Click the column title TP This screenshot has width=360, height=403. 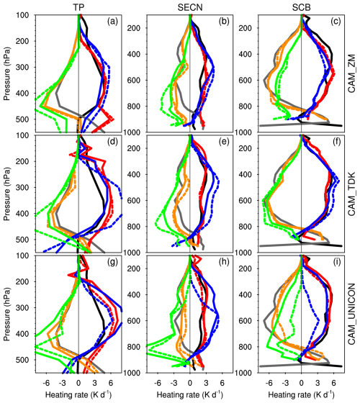78,7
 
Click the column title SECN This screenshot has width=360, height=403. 190,7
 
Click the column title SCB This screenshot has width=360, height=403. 302,7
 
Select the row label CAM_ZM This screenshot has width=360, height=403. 351,73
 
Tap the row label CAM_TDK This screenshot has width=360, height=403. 351,194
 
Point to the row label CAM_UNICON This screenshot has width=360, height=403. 351,314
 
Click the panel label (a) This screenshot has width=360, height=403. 112,22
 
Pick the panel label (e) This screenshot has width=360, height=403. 224,142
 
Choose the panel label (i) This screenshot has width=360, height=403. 336,262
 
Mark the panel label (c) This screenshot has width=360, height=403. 336,22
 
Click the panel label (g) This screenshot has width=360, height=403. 112,262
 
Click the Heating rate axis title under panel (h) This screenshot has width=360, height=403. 190,394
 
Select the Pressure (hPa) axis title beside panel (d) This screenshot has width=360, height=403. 7,194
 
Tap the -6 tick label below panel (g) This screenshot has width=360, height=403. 46,383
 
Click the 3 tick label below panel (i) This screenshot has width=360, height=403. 318,383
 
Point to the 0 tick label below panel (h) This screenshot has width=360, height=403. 190,383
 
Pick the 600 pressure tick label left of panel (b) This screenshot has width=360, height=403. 134,80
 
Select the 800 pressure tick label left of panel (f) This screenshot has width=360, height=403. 246,227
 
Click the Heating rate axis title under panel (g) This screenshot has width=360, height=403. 78,394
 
